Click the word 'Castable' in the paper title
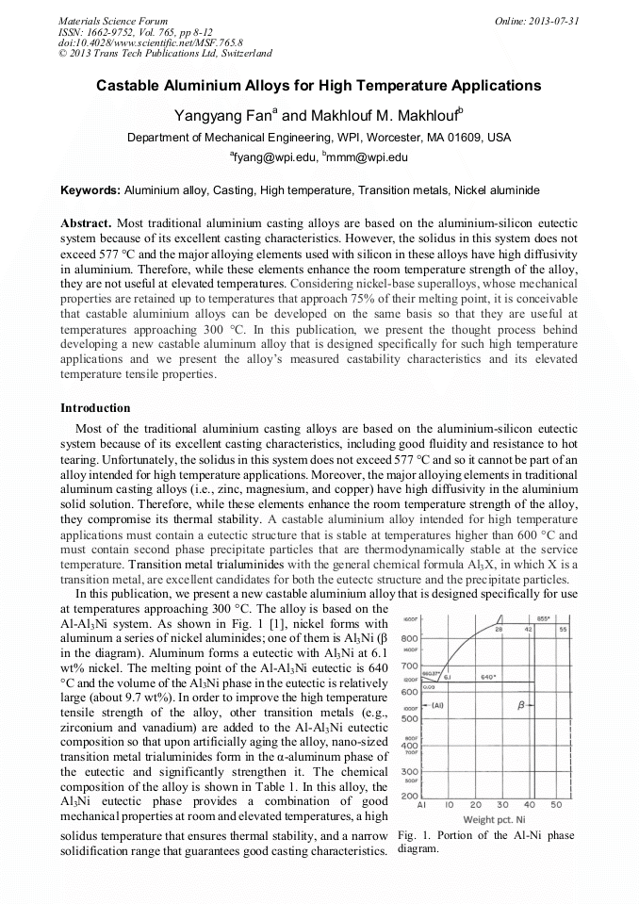click(128, 86)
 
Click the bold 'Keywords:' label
click(90, 190)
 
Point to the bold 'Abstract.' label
click(87, 222)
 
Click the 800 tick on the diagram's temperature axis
click(411, 638)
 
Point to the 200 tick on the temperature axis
click(411, 797)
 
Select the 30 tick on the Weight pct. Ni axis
click(502, 806)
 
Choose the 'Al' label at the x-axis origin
click(422, 806)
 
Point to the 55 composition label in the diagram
click(563, 628)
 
